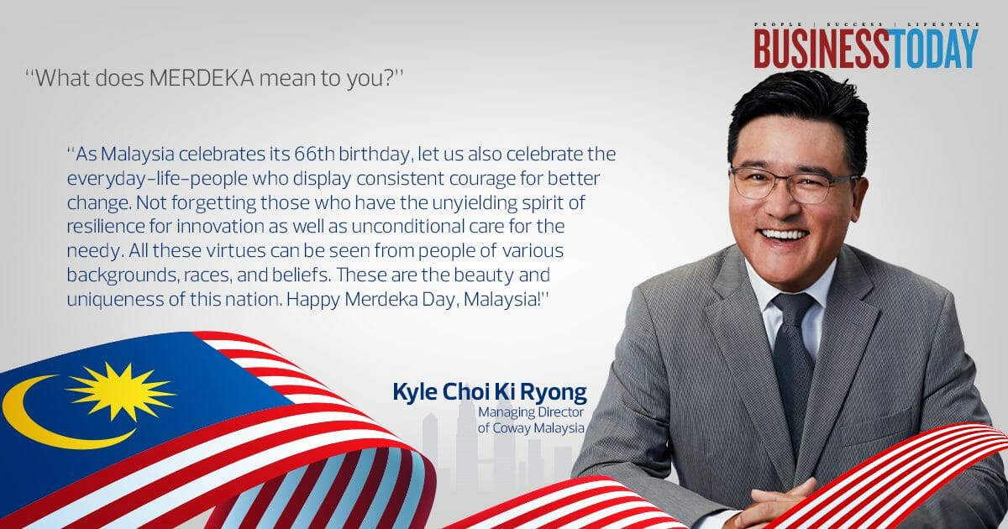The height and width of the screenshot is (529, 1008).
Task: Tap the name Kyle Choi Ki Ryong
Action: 489,392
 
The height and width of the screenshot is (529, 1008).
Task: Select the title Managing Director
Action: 531,412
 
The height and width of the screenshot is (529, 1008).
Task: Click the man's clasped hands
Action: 777,504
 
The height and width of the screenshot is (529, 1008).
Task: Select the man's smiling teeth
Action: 785,234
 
